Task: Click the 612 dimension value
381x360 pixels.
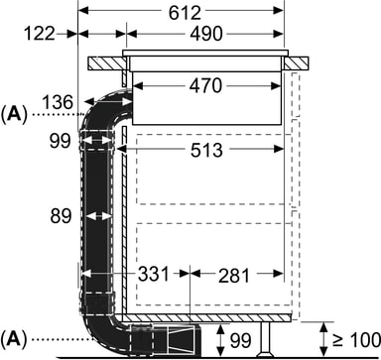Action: [185, 13]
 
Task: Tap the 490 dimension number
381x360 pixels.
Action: [206, 34]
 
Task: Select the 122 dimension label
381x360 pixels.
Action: [40, 34]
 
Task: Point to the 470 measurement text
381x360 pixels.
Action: [205, 86]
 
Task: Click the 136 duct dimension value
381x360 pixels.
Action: [58, 102]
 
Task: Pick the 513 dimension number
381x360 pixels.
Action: [206, 151]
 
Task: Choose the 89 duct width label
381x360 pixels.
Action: [61, 216]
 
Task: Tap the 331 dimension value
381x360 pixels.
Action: [153, 274]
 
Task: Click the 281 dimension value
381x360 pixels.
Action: [234, 276]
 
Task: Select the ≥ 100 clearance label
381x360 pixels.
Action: [356, 340]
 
